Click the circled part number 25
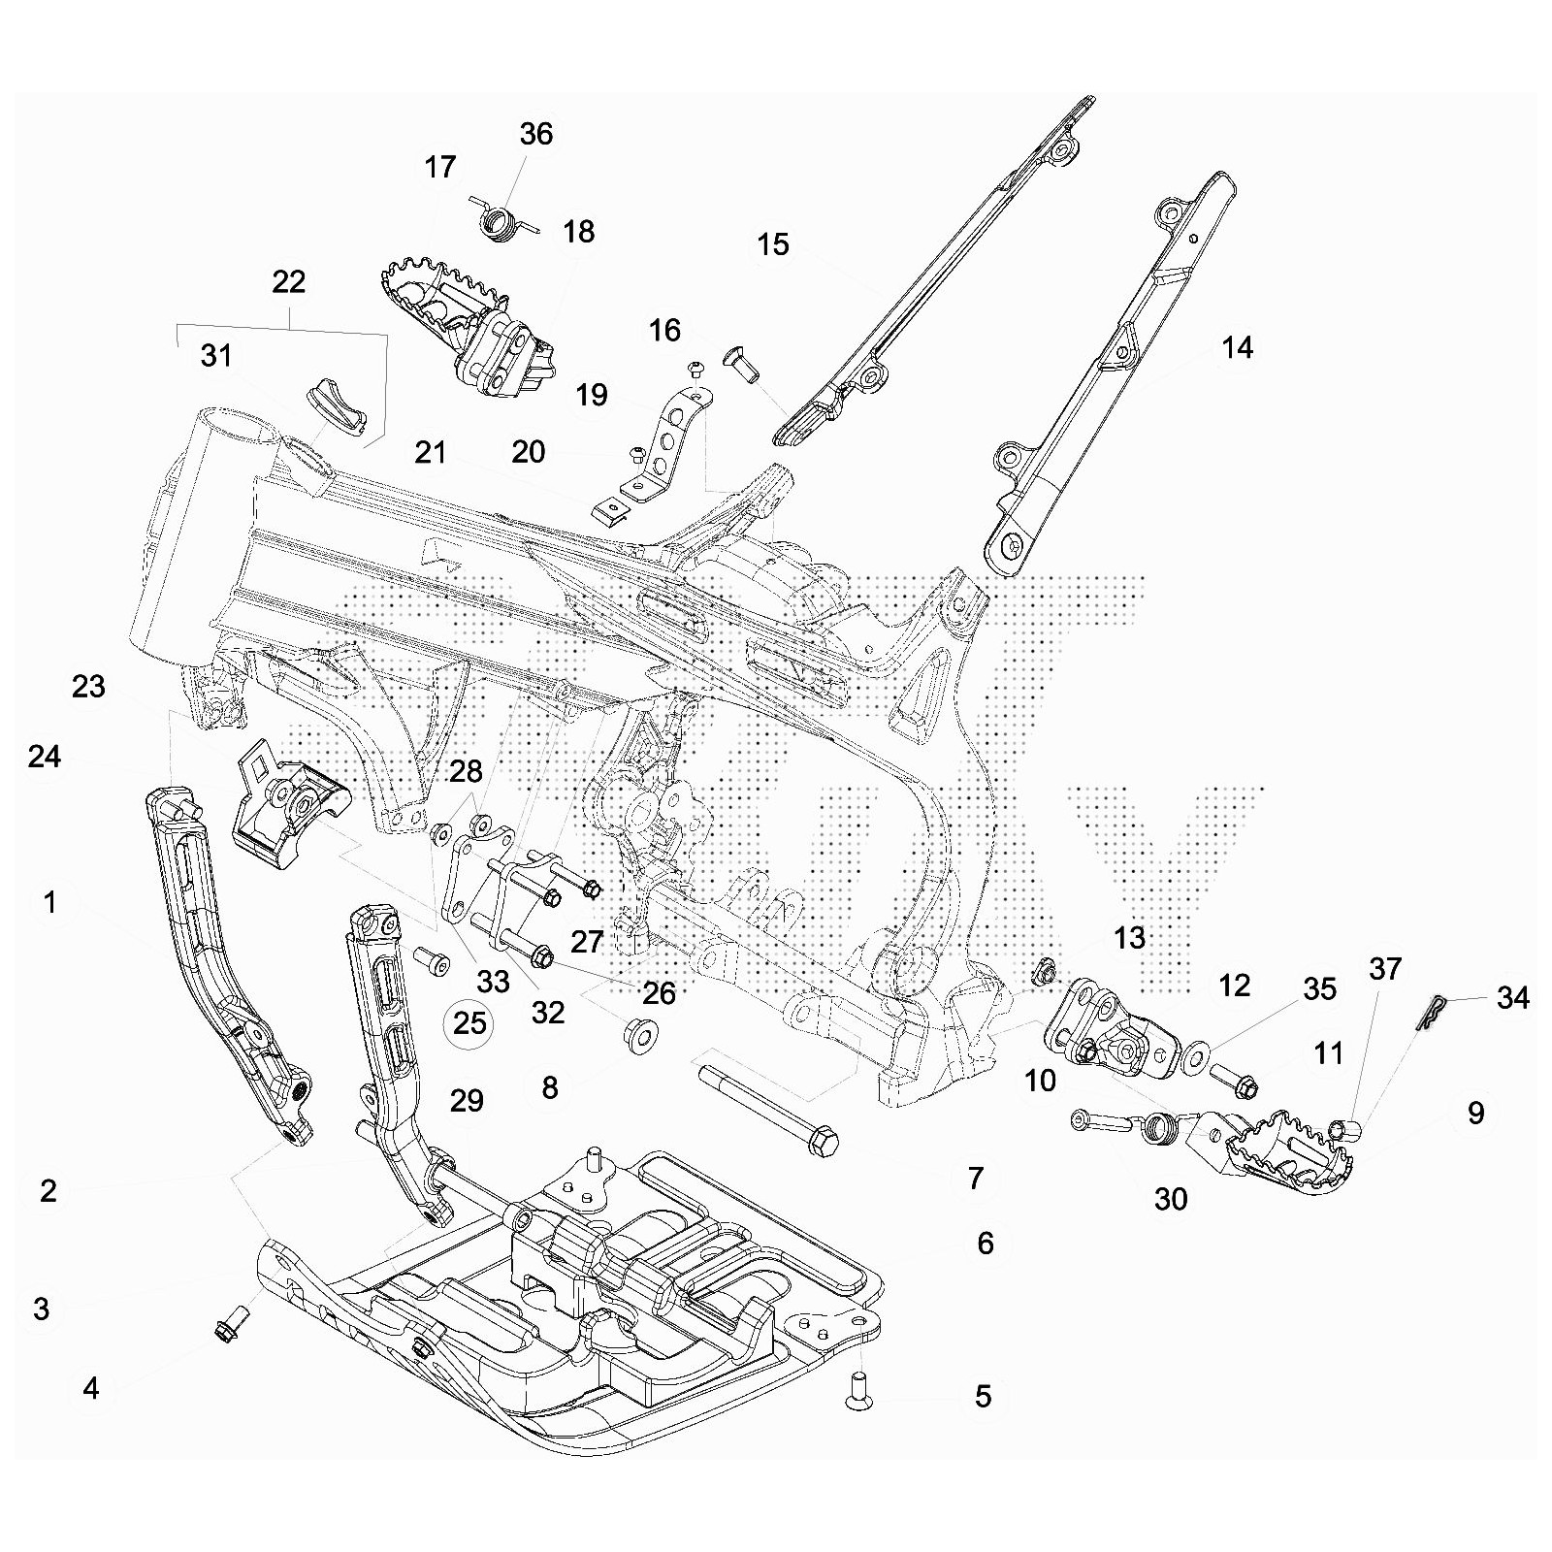point(469,1023)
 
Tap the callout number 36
point(535,134)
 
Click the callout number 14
point(1237,347)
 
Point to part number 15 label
point(773,244)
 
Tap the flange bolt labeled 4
point(230,1323)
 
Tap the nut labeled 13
point(1047,970)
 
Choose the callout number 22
point(289,282)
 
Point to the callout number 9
point(1475,1113)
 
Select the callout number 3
point(41,1309)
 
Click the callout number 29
point(467,1101)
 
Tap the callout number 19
point(591,395)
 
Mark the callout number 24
point(45,757)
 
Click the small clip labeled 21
point(609,509)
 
